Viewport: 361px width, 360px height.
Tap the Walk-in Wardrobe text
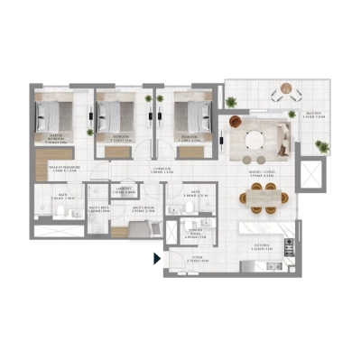point(66,168)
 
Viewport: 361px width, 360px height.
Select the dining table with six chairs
point(263,196)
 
